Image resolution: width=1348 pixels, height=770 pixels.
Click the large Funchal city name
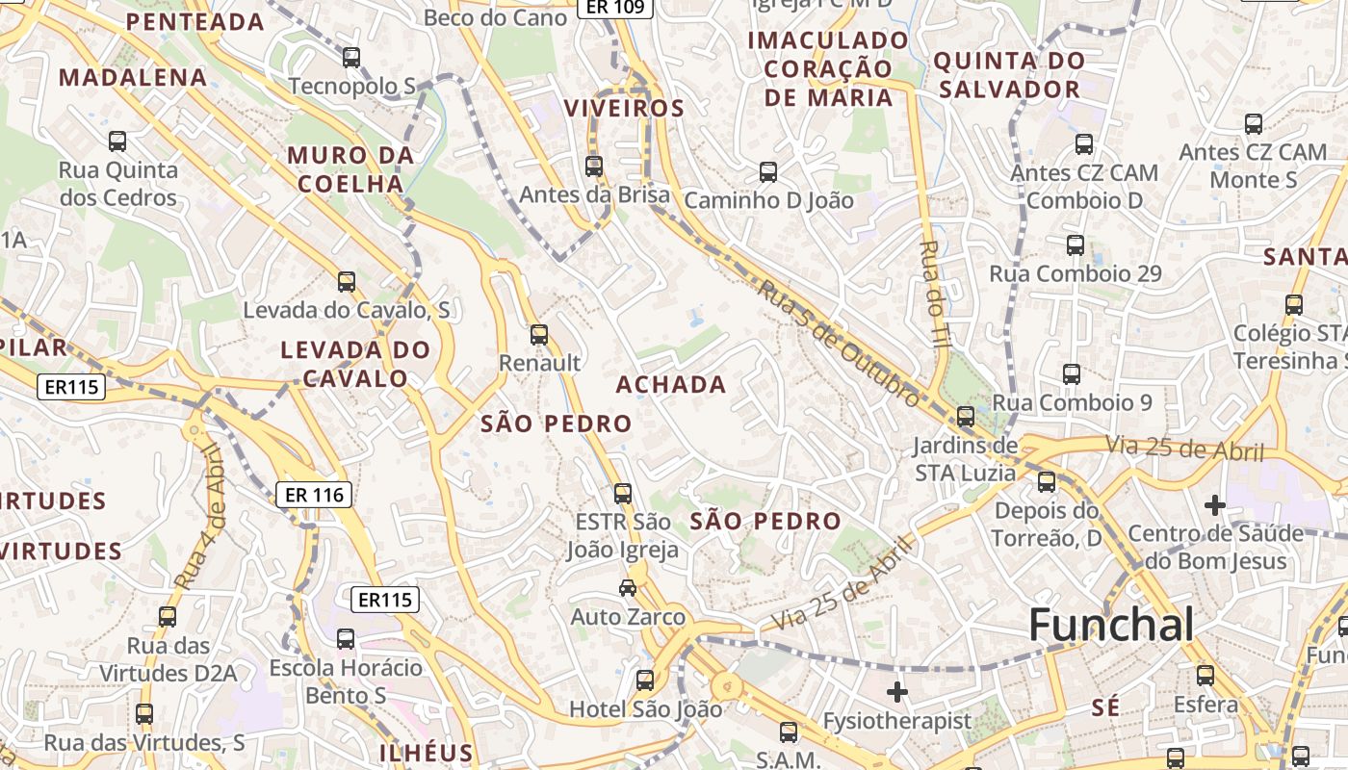pos(1111,626)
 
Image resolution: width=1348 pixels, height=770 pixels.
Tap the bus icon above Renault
pos(539,335)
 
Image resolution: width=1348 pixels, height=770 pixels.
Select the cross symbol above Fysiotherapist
pos(897,691)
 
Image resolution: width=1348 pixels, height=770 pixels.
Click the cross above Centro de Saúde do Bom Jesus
pos(1215,504)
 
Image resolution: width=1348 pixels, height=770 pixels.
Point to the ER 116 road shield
pos(315,496)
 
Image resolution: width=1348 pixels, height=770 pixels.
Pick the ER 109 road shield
pos(615,8)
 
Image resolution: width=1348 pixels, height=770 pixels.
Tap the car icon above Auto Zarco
pos(628,587)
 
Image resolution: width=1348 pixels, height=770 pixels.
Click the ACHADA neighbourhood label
pos(671,385)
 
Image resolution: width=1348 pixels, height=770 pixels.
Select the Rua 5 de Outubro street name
pos(837,342)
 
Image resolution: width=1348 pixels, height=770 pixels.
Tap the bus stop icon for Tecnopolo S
pos(351,58)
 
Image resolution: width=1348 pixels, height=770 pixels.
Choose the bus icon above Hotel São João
pos(645,680)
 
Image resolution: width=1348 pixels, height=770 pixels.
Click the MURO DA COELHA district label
pos(350,169)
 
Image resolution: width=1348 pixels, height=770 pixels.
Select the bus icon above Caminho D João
pos(768,172)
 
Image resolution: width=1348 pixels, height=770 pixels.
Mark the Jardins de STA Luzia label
pos(965,459)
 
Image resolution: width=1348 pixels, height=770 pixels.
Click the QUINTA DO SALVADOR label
pos(1009,75)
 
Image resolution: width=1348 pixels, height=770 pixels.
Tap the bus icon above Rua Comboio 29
pos(1076,245)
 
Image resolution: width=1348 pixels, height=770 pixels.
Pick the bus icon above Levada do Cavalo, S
pos(347,282)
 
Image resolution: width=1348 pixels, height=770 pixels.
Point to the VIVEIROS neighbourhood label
pos(624,108)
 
